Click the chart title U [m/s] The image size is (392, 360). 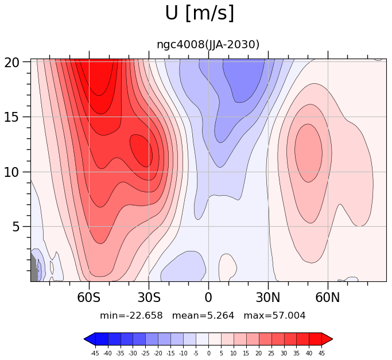click(200, 13)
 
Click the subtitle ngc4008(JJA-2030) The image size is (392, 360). click(208, 45)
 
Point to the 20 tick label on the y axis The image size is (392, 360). click(11, 63)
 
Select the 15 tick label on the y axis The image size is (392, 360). click(11, 117)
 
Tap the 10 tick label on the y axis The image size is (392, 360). click(11, 172)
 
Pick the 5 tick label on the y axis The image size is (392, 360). click(15, 227)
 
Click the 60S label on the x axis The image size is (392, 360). click(89, 298)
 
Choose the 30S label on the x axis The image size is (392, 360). click(149, 298)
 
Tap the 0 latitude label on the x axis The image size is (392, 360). click(208, 298)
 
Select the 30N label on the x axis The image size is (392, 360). click(268, 298)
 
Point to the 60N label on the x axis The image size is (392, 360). click(328, 298)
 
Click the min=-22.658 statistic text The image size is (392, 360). click(131, 316)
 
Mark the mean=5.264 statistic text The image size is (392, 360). click(203, 316)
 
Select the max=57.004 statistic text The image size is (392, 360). click(274, 316)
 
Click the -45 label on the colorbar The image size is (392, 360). click(95, 353)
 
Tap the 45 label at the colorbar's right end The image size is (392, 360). click(321, 353)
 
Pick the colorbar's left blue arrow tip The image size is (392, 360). click(84, 339)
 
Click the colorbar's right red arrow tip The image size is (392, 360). click(332, 339)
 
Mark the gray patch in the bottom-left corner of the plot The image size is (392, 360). click(34, 268)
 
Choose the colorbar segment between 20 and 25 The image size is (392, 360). click(265, 339)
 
